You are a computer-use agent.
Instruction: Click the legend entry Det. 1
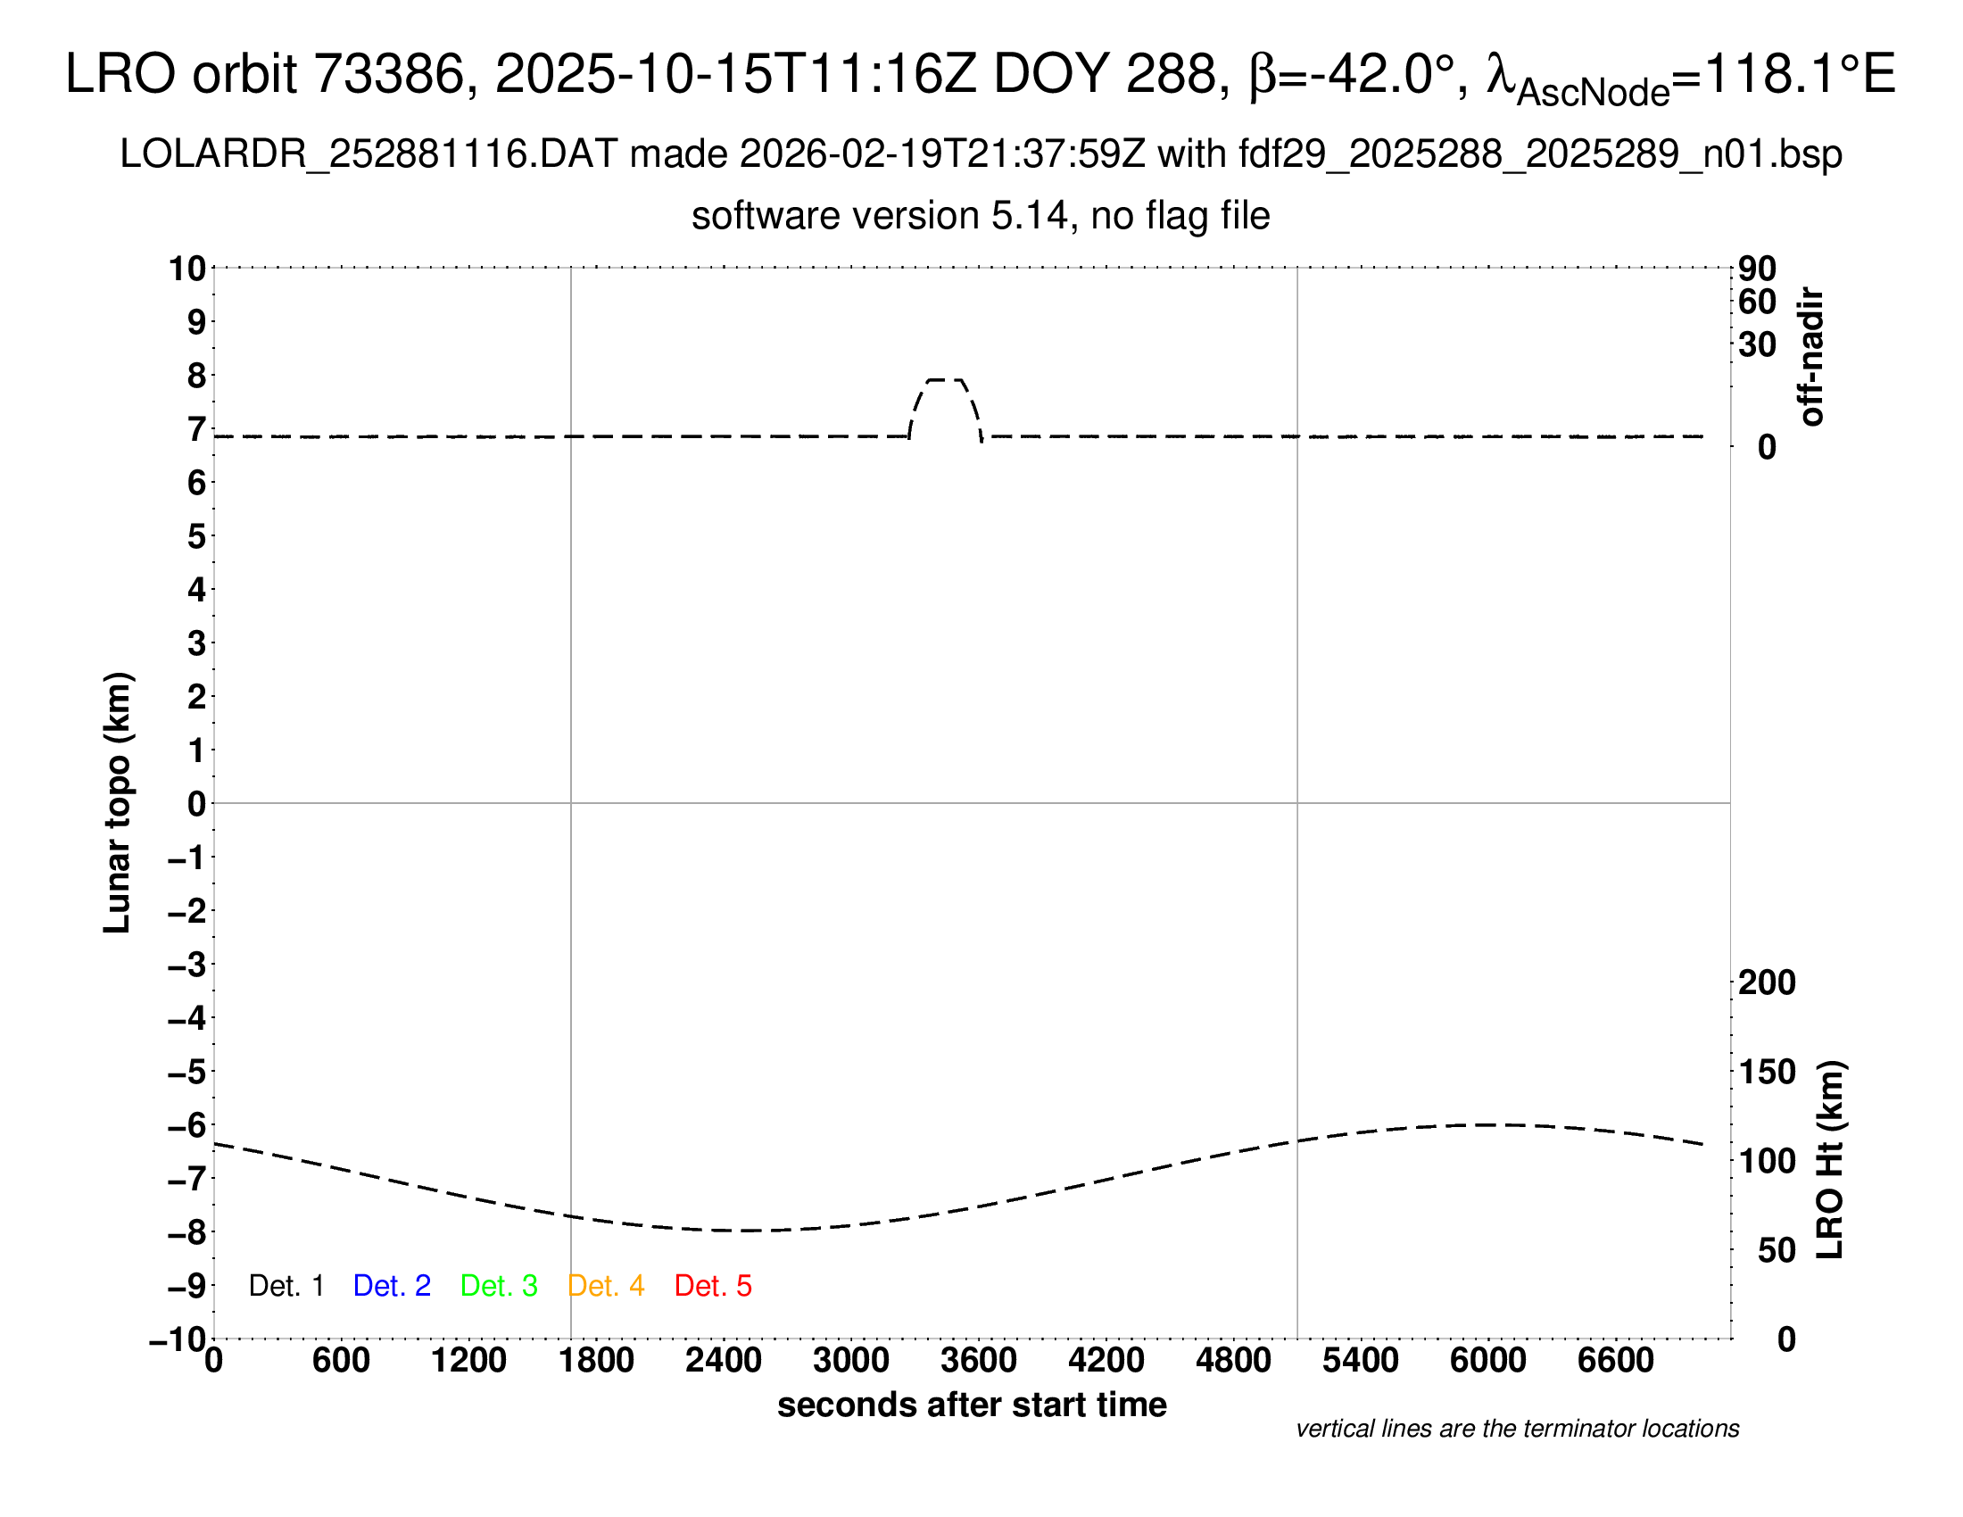(286, 1286)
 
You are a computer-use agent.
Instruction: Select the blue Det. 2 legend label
(392, 1286)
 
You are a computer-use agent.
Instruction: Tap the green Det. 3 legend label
(499, 1286)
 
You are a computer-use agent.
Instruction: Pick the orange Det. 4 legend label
(606, 1286)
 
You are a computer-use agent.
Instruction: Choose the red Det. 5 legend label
(713, 1286)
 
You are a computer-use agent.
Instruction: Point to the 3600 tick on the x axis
(978, 1361)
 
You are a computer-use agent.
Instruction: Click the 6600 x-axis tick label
(1615, 1361)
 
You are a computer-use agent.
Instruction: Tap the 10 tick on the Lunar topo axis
(187, 269)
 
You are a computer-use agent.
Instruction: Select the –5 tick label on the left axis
(187, 1072)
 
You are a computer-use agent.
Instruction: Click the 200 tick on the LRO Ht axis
(1767, 982)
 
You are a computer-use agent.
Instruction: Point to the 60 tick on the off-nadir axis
(1757, 302)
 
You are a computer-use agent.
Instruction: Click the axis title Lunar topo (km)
(118, 802)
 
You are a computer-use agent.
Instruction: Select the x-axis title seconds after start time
(972, 1405)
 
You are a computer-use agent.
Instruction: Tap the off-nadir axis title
(1811, 357)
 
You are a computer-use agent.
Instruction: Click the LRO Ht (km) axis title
(1830, 1160)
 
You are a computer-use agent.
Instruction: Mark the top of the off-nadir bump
(946, 380)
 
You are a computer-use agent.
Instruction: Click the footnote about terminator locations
(1517, 1429)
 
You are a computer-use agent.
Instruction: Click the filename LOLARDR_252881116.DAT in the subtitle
(369, 154)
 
